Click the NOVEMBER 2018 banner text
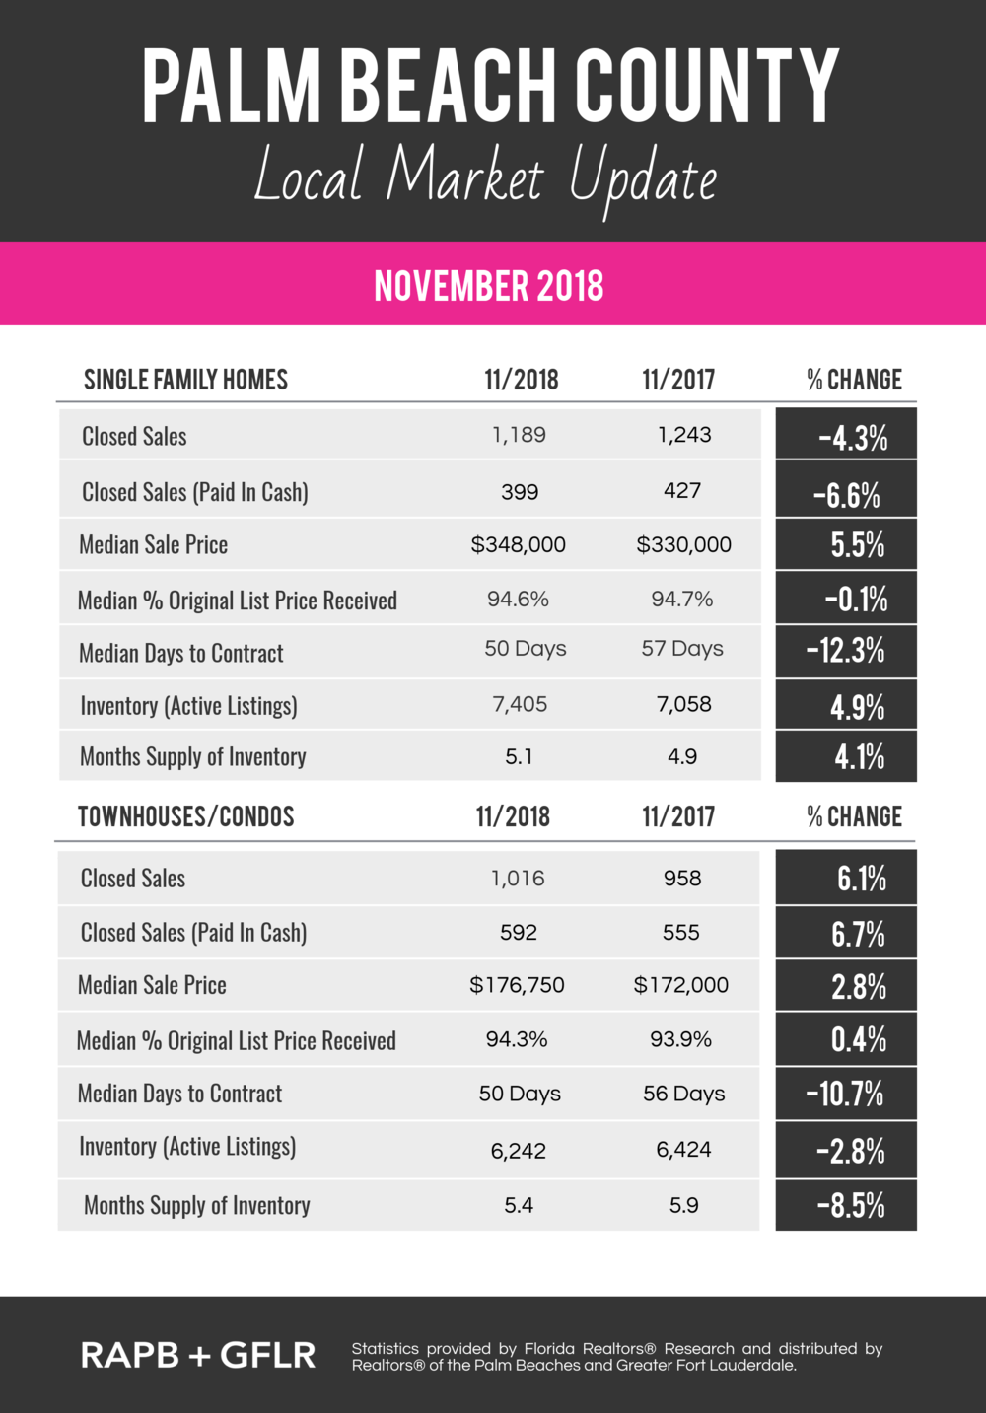tap(489, 286)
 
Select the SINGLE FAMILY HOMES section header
tap(185, 380)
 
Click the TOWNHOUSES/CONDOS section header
tap(186, 816)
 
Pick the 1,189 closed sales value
tap(519, 435)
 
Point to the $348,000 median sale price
tap(519, 544)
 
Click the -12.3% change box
tap(846, 651)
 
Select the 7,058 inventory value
tap(683, 704)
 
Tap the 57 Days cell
tap(682, 649)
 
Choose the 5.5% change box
tap(846, 544)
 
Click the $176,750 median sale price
tap(517, 985)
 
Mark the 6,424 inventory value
tap(683, 1150)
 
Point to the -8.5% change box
tap(846, 1205)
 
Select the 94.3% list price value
tap(517, 1039)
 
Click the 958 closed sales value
tap(682, 878)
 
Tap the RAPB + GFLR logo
tap(198, 1355)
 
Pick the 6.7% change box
tap(846, 933)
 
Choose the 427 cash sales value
tap(682, 491)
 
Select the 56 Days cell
tap(683, 1094)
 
